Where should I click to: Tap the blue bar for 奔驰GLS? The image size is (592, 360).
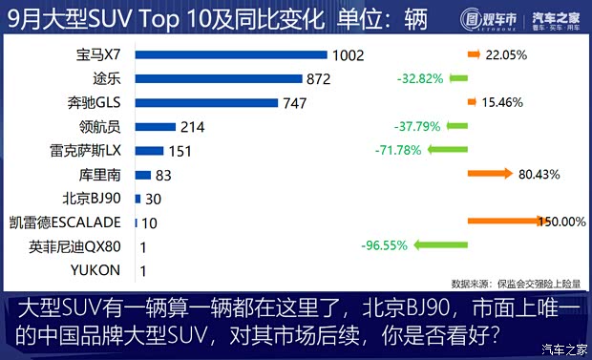point(206,102)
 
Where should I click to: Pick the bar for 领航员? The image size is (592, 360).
point(156,126)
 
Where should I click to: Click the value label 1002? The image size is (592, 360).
point(347,55)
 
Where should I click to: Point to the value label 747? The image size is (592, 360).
point(297,102)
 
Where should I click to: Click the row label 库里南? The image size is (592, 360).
point(100,175)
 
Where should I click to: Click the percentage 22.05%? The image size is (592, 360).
point(506,55)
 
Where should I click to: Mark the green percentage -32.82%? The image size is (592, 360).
point(420,78)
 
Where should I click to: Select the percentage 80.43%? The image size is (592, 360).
point(539,174)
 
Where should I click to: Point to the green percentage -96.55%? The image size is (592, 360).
point(385,245)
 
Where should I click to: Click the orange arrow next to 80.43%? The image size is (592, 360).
point(491,174)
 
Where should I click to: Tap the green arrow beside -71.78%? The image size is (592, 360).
point(448,150)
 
